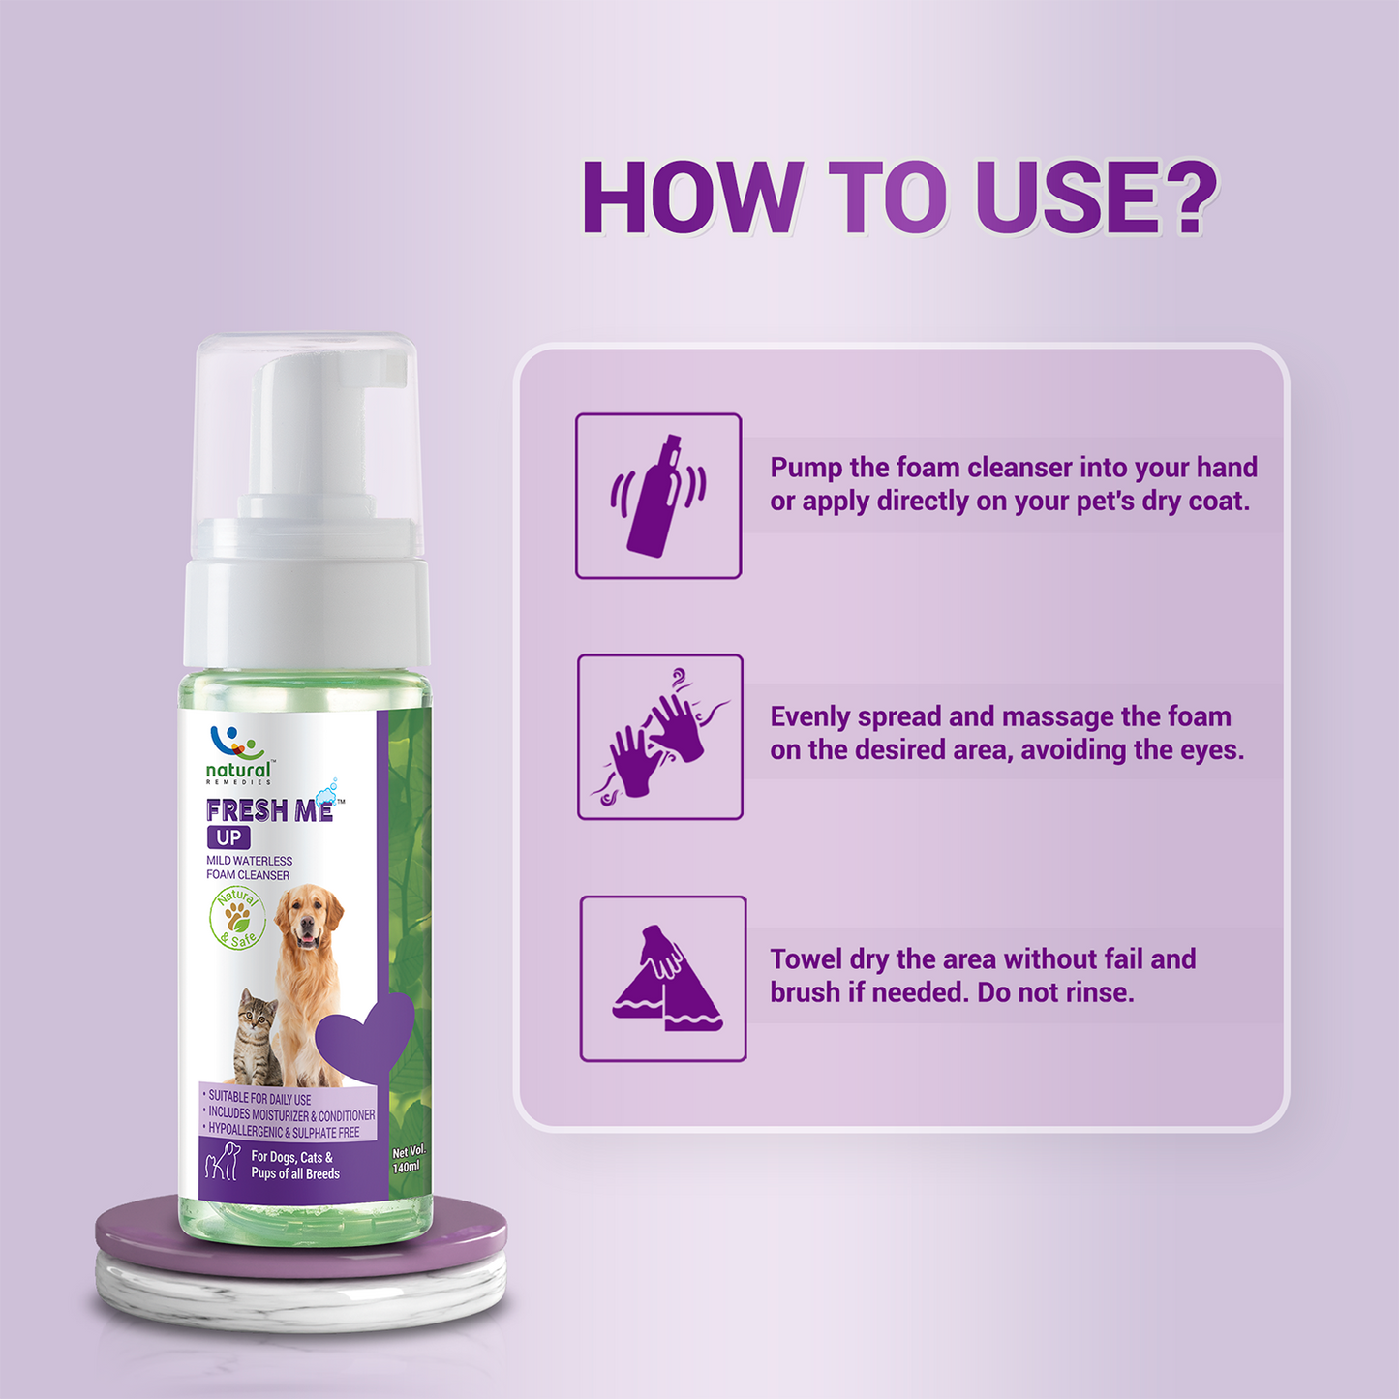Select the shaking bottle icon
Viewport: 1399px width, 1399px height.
[x=658, y=496]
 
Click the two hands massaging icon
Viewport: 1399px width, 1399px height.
[x=659, y=736]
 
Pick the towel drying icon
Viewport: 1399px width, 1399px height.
[x=667, y=977]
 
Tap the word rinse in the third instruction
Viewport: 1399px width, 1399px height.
[x=1099, y=991]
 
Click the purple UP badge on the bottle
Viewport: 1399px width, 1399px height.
[x=228, y=837]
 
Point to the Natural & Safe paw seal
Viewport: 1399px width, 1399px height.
[x=236, y=919]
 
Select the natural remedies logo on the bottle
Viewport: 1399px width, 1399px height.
[x=239, y=756]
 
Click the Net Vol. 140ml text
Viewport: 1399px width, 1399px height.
[x=408, y=1160]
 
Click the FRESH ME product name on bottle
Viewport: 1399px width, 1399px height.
[x=269, y=810]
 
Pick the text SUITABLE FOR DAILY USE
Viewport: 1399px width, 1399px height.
[x=259, y=1099]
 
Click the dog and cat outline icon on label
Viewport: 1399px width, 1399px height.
[x=222, y=1163]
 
